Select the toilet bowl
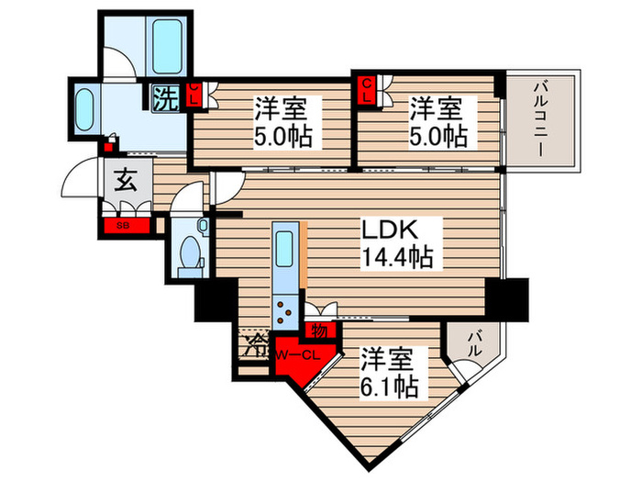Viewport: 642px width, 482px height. [190, 253]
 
